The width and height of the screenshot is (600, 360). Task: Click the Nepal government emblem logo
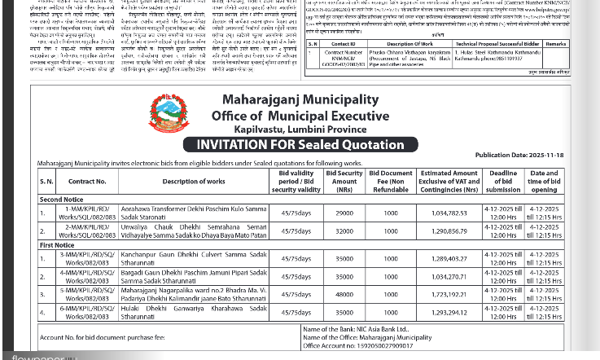(169, 114)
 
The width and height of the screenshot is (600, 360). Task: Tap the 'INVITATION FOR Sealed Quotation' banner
(300, 145)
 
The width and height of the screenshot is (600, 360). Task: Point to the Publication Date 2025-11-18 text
(519, 155)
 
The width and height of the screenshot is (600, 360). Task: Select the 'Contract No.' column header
(87, 182)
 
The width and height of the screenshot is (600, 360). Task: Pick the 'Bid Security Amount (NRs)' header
(344, 182)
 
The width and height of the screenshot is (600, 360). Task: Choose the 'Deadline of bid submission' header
(503, 182)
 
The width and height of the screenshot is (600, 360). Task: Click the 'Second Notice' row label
(61, 200)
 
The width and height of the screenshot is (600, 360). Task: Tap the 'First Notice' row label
(57, 244)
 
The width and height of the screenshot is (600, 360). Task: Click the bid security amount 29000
(344, 213)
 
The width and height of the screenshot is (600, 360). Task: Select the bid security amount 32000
(344, 231)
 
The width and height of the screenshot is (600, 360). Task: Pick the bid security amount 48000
(344, 295)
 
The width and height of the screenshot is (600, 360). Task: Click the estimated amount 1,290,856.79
(449, 231)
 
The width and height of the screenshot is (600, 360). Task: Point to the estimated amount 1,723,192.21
(449, 295)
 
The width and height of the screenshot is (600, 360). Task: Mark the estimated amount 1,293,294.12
(449, 313)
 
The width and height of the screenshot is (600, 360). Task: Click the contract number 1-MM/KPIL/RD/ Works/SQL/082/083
(87, 213)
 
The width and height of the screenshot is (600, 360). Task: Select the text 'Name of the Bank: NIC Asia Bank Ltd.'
(356, 329)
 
